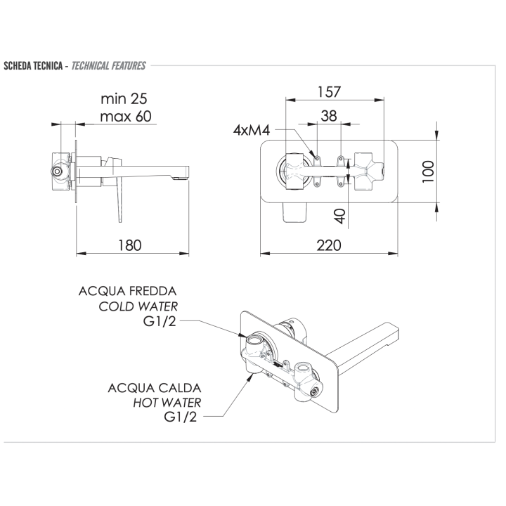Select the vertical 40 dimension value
pyautogui.click(x=339, y=215)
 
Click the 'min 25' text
pyautogui.click(x=124, y=98)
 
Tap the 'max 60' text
pyautogui.click(x=124, y=116)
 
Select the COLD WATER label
pyautogui.click(x=138, y=306)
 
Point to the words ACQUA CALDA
pyautogui.click(x=155, y=387)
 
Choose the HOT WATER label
pyautogui.click(x=167, y=403)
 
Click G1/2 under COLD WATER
pyautogui.click(x=160, y=322)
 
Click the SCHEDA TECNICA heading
pyautogui.click(x=34, y=66)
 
